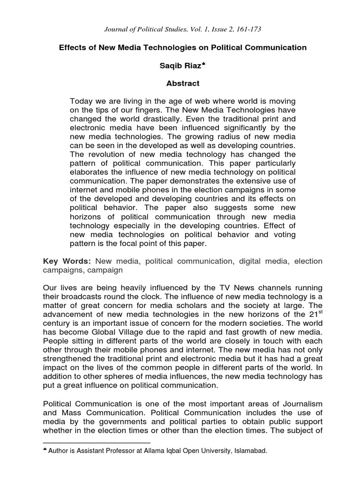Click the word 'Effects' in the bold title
coord(71,47)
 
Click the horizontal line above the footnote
coord(97,442)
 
